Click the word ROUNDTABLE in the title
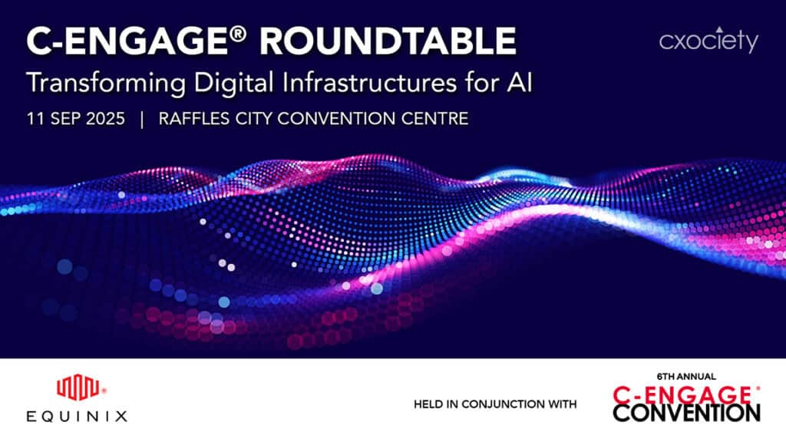pos(388,41)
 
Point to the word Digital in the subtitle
pos(234,83)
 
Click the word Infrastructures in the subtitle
pos(370,81)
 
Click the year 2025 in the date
pos(105,119)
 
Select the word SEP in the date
pos(65,119)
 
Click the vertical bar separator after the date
pos(142,119)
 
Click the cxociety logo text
pos(708,41)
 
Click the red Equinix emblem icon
pos(78,388)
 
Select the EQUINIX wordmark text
pos(77,416)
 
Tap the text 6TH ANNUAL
pos(686,376)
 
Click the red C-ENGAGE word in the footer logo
pos(682,395)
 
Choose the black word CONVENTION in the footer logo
pos(687,414)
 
